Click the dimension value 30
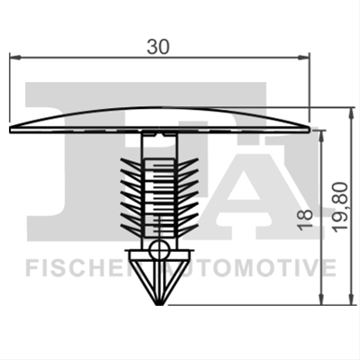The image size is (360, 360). [158, 47]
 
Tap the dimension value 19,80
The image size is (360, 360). [341, 207]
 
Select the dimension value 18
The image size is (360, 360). [305, 220]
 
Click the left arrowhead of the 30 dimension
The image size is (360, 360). [15, 57]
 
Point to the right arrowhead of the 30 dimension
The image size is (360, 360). [303, 57]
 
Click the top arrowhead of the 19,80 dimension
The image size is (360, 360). [350, 113]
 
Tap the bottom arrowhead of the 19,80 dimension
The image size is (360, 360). [350, 299]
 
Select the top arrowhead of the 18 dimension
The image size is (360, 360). [322, 137]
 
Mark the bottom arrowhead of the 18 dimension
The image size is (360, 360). [322, 299]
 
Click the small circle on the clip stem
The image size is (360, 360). [159, 249]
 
